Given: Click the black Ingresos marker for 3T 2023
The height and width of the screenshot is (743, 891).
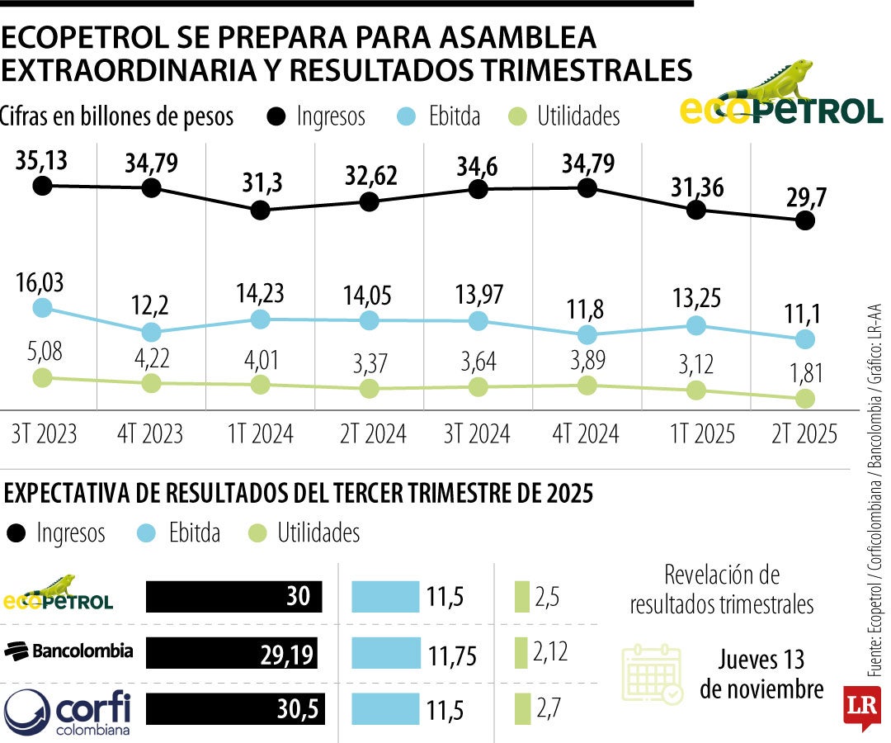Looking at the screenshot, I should [43, 186].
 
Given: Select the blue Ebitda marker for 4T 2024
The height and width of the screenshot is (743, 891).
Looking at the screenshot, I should [587, 334].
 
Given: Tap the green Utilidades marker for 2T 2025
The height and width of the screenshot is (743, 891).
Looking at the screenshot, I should [805, 399].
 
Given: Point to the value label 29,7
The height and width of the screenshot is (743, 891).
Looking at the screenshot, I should [804, 197].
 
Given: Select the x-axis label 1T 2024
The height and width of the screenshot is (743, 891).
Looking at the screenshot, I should [260, 433].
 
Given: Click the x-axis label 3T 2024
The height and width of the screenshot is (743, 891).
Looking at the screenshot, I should [478, 433].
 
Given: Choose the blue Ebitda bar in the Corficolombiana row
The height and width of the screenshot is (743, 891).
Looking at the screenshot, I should [385, 709].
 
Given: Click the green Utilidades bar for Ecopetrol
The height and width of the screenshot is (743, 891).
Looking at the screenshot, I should [521, 597].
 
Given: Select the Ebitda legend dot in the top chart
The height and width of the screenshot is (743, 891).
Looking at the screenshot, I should [403, 116].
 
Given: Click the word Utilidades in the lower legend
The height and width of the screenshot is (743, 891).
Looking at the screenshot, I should [318, 532].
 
